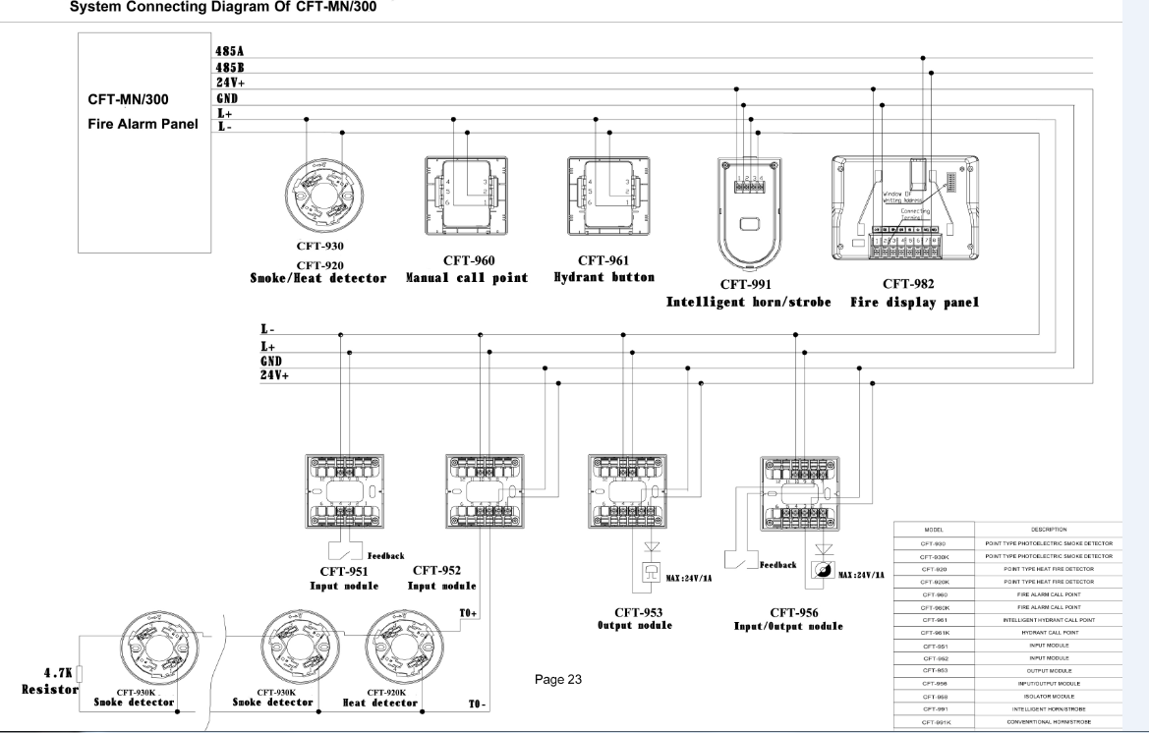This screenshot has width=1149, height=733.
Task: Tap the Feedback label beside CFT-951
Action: click(384, 555)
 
